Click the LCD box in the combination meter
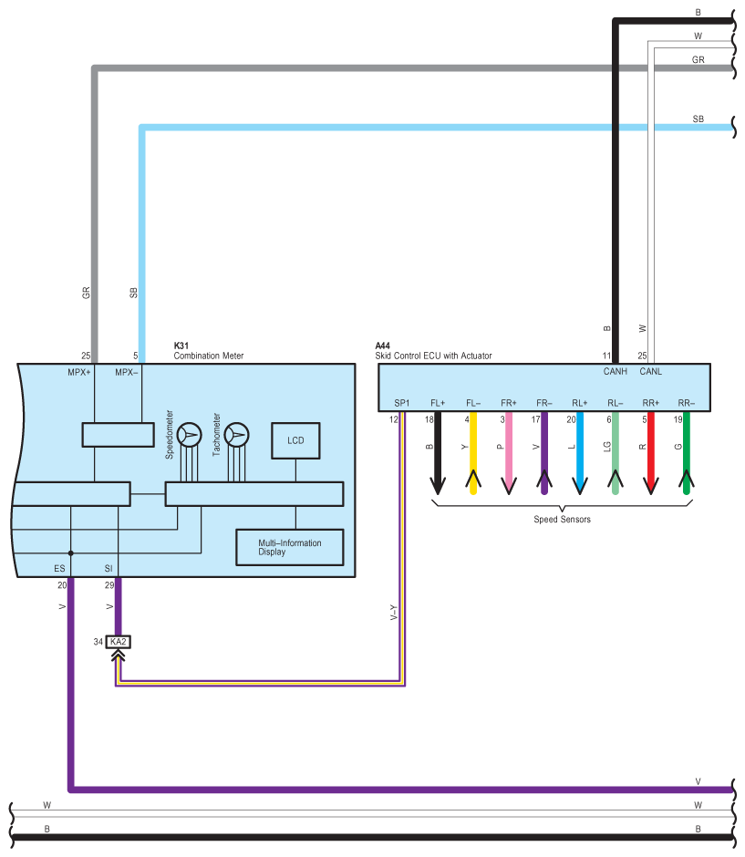click(x=295, y=440)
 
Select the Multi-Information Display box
click(x=290, y=547)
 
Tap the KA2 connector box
click(x=118, y=642)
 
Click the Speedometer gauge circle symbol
click(x=190, y=435)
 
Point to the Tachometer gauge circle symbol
click(x=237, y=435)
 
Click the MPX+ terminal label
click(x=79, y=372)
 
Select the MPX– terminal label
click(x=126, y=372)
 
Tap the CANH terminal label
click(x=615, y=372)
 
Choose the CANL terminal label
click(x=650, y=372)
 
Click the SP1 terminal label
click(x=402, y=403)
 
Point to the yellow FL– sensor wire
click(x=473, y=453)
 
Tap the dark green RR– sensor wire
click(x=687, y=453)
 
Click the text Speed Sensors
click(x=562, y=520)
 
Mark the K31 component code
click(x=181, y=346)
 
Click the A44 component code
click(x=383, y=346)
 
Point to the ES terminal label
click(x=59, y=568)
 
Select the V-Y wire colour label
click(x=394, y=612)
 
